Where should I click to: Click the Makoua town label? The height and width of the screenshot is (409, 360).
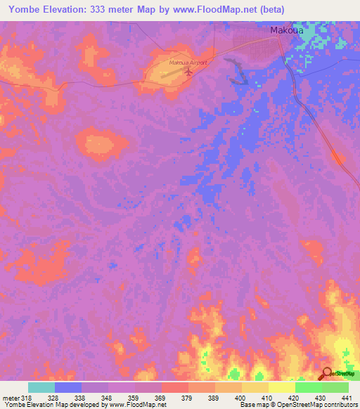[286, 30]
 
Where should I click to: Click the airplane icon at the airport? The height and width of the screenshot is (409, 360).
[188, 71]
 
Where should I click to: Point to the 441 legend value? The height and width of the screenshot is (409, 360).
[347, 397]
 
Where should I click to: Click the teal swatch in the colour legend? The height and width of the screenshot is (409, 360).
[41, 387]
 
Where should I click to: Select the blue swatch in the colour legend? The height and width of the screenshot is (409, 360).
[68, 387]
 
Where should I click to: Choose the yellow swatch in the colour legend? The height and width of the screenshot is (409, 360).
[281, 387]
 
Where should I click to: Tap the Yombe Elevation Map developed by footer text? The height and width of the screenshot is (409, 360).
[53, 405]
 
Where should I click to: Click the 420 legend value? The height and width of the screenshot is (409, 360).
[294, 397]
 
